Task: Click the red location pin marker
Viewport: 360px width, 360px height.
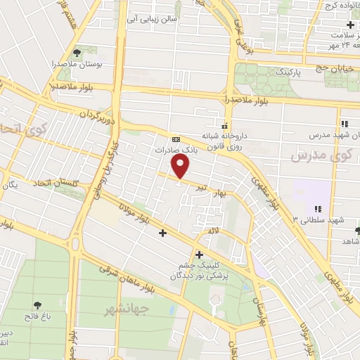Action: (x=181, y=166)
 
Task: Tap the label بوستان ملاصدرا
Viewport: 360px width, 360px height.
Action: (x=79, y=64)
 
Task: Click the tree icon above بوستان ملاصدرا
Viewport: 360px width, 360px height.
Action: (x=77, y=52)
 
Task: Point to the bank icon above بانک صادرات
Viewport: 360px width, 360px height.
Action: (x=176, y=139)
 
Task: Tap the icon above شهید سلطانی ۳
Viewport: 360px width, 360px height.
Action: (x=318, y=209)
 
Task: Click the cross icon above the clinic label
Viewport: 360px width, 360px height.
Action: (x=200, y=254)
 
